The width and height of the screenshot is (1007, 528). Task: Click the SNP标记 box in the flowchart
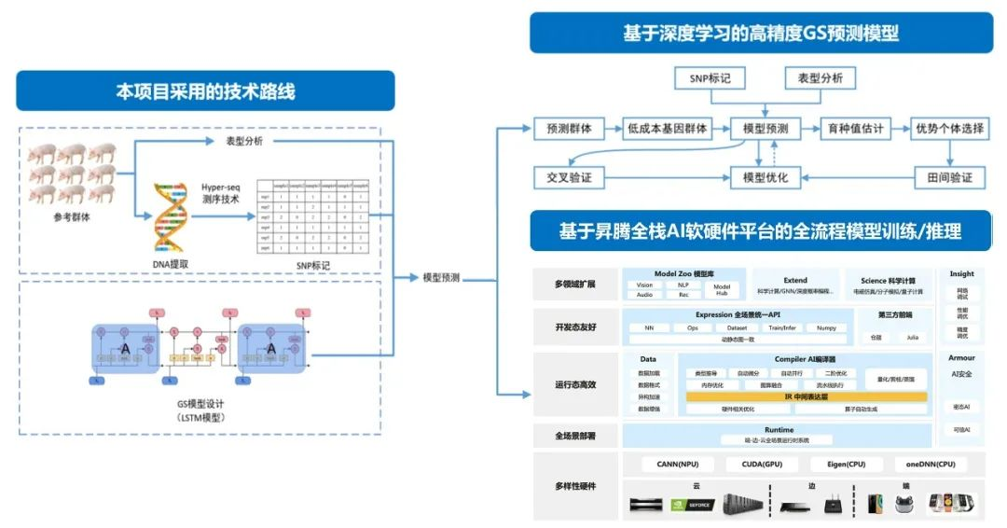[710, 78]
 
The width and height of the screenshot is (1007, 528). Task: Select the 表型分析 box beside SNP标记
[821, 78]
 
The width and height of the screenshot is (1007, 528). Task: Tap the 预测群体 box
[570, 129]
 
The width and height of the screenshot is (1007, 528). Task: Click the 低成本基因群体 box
[667, 129]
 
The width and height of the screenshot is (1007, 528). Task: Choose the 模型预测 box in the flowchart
[765, 129]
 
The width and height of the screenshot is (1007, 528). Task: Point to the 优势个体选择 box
[948, 129]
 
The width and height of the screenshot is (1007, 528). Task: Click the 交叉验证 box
[570, 177]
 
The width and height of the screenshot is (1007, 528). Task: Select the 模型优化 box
[765, 177]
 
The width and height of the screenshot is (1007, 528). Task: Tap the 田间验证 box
[948, 177]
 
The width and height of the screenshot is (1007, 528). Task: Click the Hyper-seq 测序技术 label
[221, 193]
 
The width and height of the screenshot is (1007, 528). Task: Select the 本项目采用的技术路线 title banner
[205, 91]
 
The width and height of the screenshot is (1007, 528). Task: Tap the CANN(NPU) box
[678, 464]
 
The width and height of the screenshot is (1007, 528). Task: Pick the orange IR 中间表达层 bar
[807, 396]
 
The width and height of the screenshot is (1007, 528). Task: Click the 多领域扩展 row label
[574, 284]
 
